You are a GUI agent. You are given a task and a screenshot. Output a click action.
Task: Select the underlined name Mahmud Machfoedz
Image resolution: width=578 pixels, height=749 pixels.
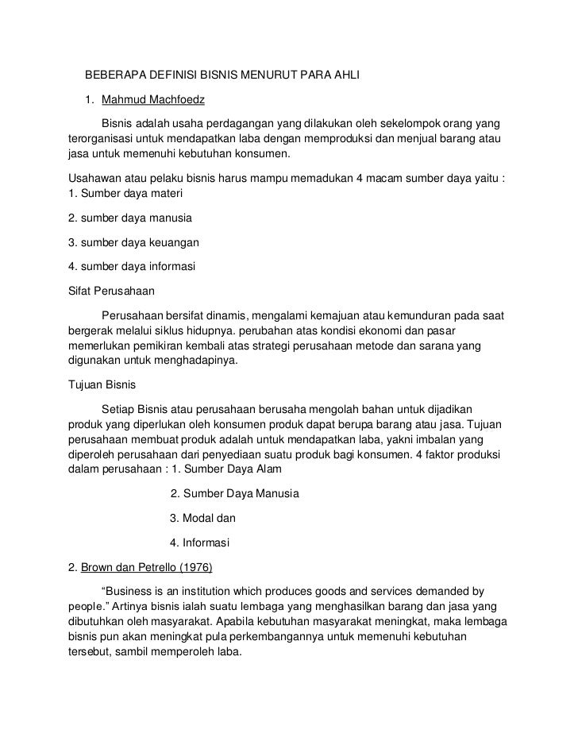[147, 100]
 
